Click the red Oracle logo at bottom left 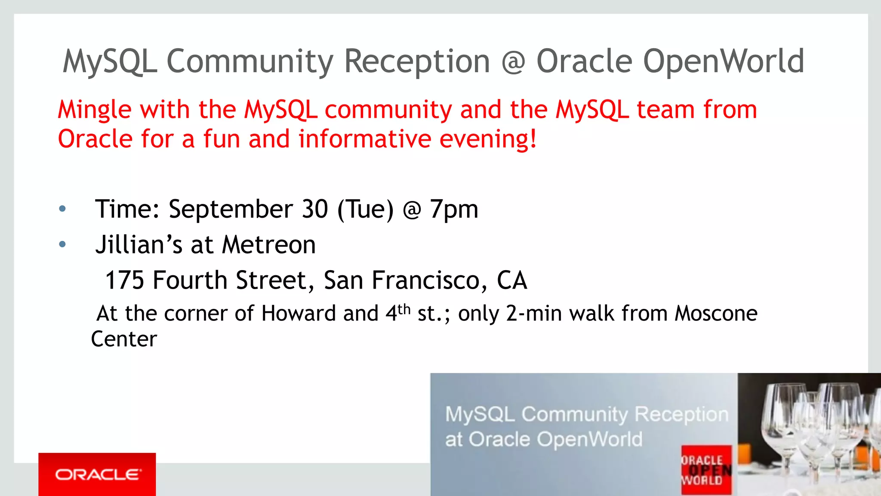pos(97,474)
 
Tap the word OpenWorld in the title pos(723,61)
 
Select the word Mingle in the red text pos(94,110)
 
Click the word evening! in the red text pos(488,139)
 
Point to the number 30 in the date pos(315,209)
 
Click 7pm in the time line pos(454,209)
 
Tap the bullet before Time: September pos(62,209)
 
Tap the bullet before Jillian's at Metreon pos(62,244)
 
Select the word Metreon pos(269,245)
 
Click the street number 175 pos(124,280)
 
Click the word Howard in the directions pos(299,314)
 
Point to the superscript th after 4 pos(404,309)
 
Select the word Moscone pos(716,314)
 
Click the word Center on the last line pos(124,339)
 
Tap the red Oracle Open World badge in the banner pos(706,470)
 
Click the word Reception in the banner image pos(681,414)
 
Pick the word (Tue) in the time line pos(365,209)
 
